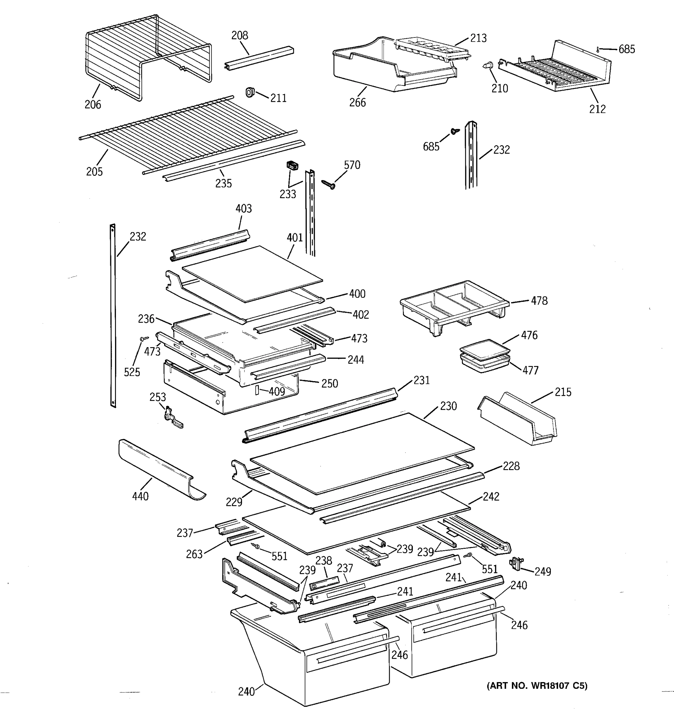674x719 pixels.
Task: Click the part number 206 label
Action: pos(93,105)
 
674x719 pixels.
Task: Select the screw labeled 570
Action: pos(328,185)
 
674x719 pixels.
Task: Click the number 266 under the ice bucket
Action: pos(357,103)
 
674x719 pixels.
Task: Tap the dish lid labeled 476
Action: pos(484,349)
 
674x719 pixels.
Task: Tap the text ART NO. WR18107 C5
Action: pos(537,686)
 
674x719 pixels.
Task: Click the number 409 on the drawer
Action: pos(276,391)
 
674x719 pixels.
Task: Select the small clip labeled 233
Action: pos(292,166)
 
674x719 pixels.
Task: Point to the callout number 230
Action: pos(448,406)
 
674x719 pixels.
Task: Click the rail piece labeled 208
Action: pos(259,58)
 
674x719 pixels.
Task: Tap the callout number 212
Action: pos(597,109)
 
